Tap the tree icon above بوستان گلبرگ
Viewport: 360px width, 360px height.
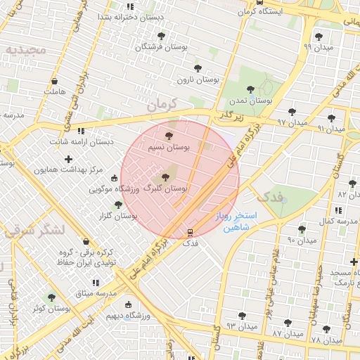(x=166, y=177)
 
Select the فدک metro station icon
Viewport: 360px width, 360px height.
(x=190, y=231)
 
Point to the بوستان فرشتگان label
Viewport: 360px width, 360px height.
(x=161, y=46)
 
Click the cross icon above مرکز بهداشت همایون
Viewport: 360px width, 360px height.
(x=68, y=160)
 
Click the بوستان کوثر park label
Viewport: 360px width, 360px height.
(x=51, y=308)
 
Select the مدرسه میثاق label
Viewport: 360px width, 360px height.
(x=96, y=292)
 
